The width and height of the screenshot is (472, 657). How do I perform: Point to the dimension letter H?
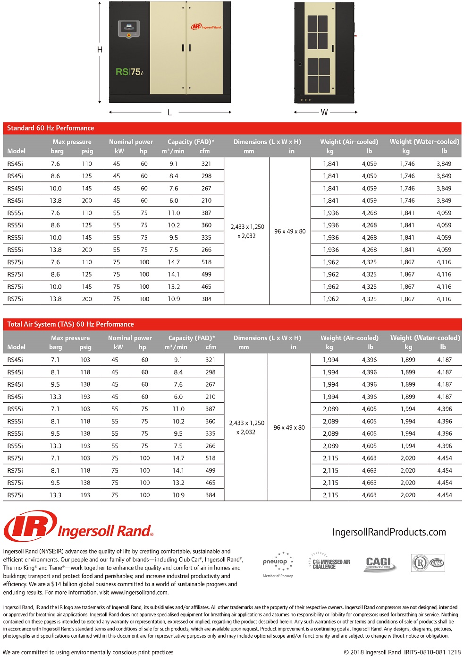pos(100,50)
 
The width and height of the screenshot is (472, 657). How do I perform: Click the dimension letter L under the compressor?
pos(169,112)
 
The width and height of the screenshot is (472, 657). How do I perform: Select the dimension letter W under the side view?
pos(324,112)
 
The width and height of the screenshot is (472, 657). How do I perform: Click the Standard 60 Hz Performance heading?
pos(51,128)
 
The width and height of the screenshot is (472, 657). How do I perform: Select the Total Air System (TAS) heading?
pos(71,324)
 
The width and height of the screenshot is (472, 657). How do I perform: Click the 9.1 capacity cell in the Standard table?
pos(174,164)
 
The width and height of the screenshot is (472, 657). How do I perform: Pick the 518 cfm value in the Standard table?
pos(206,262)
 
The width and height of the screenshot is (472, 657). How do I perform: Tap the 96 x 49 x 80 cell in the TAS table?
pos(289,428)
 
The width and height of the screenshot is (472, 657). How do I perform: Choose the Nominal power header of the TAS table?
pos(130,338)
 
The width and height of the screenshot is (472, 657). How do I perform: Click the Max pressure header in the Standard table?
pos(72,142)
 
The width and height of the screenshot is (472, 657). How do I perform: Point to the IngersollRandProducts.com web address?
pos(389,532)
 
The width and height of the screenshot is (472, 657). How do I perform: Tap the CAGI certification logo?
pos(379,563)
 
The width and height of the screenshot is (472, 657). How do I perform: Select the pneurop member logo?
pos(278,562)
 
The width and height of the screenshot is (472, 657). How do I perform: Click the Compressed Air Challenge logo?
pos(331,562)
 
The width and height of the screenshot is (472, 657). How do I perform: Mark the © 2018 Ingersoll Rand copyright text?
pos(372,652)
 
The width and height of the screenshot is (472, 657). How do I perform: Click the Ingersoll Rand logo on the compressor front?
pos(206,27)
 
